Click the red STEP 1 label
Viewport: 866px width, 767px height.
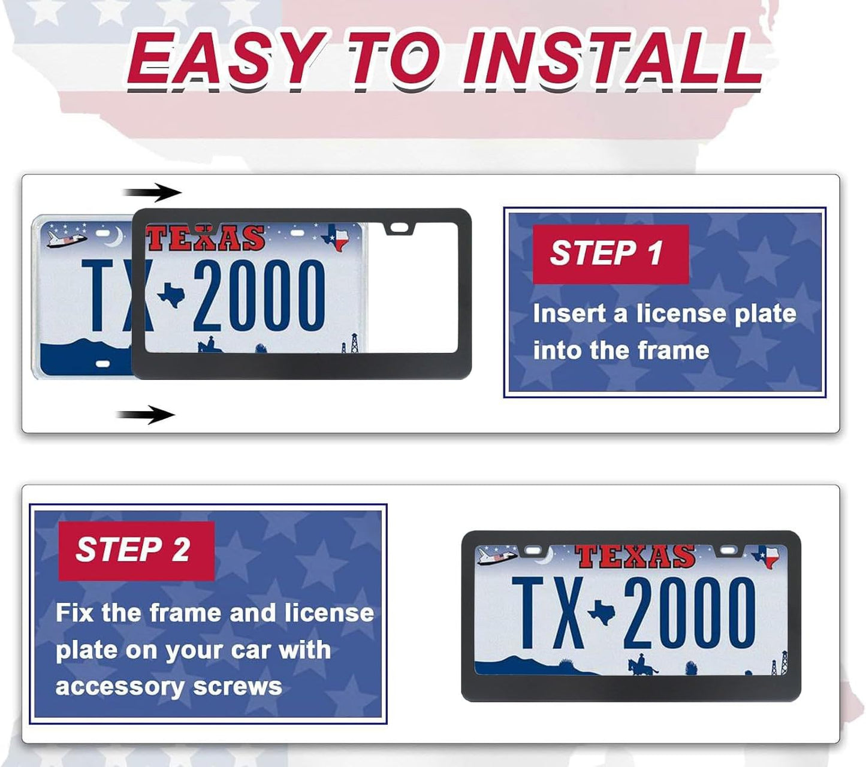(x=609, y=253)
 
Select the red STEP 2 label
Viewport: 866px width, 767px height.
(x=135, y=550)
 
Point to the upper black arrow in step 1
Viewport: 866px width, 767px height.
(x=152, y=192)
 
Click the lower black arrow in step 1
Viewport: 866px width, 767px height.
(x=146, y=414)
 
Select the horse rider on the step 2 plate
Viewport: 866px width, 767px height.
(x=641, y=665)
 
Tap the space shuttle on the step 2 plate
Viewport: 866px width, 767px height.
(x=496, y=556)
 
